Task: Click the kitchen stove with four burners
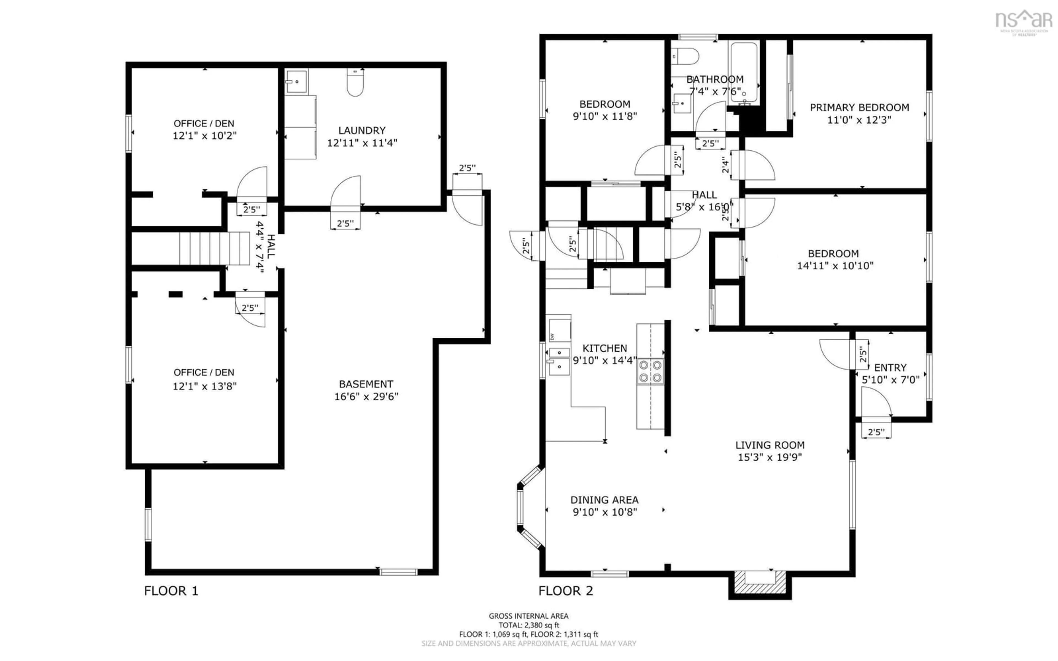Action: click(x=650, y=371)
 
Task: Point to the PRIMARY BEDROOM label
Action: click(x=859, y=107)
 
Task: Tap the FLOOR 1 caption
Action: click(x=171, y=591)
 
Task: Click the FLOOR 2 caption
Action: click(x=565, y=591)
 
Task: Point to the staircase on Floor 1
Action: click(x=214, y=248)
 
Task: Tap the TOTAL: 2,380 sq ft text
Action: click(x=528, y=625)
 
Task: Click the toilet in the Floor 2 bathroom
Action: click(x=685, y=56)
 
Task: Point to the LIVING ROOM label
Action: click(x=770, y=445)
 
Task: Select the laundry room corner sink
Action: click(x=296, y=82)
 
